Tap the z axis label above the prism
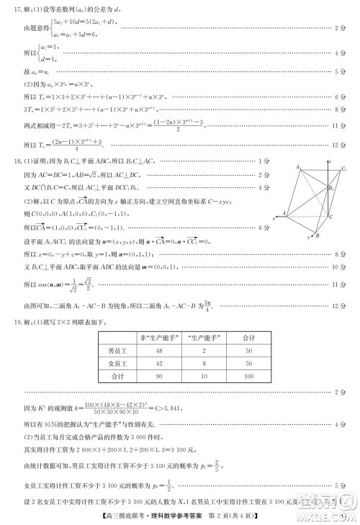pyautogui.click(x=336, y=161)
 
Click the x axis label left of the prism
pyautogui.click(x=274, y=218)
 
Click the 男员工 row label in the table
pyautogui.click(x=115, y=351)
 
